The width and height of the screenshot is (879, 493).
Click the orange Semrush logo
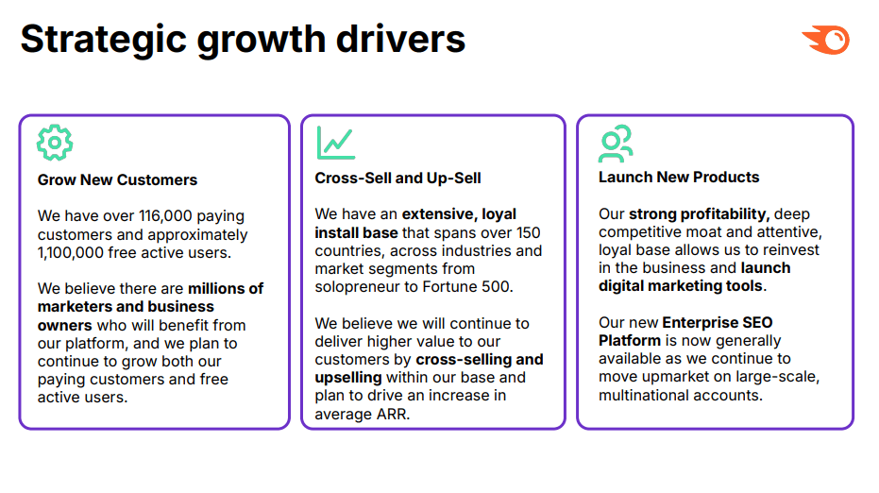(x=826, y=40)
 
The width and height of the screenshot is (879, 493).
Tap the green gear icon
(x=55, y=143)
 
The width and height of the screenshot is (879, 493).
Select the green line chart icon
(x=335, y=143)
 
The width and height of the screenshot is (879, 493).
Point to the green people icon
(x=616, y=143)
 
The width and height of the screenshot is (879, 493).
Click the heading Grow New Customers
(x=117, y=179)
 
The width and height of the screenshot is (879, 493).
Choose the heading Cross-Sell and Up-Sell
(x=398, y=178)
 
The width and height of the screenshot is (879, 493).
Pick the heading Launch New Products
(x=679, y=177)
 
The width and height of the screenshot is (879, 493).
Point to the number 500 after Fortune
(x=495, y=286)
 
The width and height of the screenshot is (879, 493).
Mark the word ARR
(x=390, y=413)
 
